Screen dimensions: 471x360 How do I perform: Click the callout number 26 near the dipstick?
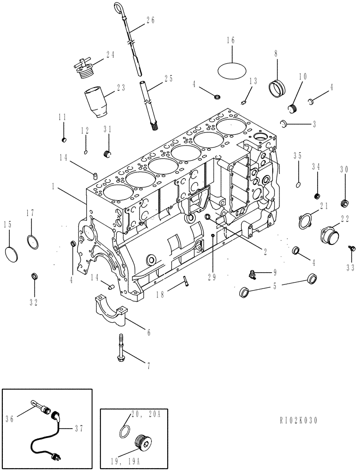150,20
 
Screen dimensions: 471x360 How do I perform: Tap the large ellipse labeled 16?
232,69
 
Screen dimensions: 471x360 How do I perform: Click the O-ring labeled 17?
32,242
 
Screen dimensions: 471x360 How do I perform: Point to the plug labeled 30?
344,203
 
